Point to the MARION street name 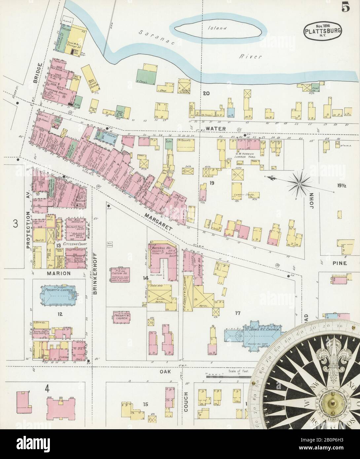(x=58, y=273)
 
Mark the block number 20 (x=206, y=94)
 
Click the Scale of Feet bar (x=227, y=376)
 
